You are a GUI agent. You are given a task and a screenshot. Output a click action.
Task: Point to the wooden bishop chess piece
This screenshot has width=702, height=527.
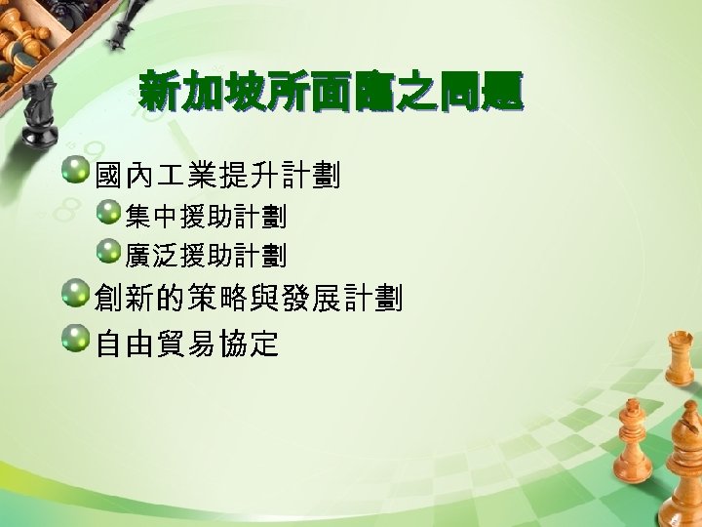(x=633, y=459)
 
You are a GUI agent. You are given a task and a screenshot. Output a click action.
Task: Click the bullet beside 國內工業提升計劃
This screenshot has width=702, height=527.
(x=74, y=173)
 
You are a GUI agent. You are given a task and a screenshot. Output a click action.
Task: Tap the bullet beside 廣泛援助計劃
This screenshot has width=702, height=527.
(x=107, y=253)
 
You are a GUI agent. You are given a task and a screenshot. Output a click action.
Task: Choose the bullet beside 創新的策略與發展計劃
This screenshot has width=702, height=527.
(x=74, y=295)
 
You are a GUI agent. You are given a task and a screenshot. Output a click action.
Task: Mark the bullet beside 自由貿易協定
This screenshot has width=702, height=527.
(x=74, y=340)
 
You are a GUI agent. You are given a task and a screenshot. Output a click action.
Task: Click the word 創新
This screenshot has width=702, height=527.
(x=126, y=299)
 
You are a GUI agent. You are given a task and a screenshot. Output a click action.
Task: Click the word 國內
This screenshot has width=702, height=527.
(x=126, y=177)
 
